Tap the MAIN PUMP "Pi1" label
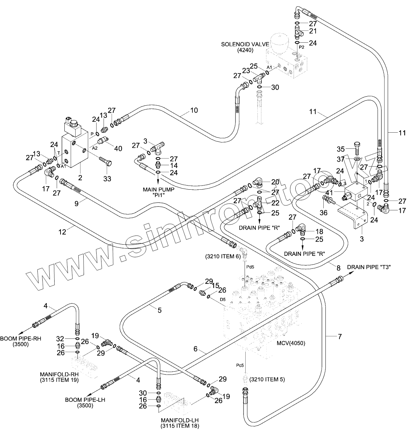click(159, 192)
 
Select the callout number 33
click(107, 179)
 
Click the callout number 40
click(118, 148)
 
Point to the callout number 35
click(340, 149)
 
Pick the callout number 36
click(324, 213)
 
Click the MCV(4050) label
click(291, 343)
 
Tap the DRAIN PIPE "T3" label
click(369, 267)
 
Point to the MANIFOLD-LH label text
click(180, 423)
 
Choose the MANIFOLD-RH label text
click(59, 377)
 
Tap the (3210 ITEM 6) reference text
click(223, 257)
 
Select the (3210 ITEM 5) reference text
click(267, 379)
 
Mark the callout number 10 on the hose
click(194, 110)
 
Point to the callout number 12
click(62, 232)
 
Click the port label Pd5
click(250, 267)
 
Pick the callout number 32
click(60, 339)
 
